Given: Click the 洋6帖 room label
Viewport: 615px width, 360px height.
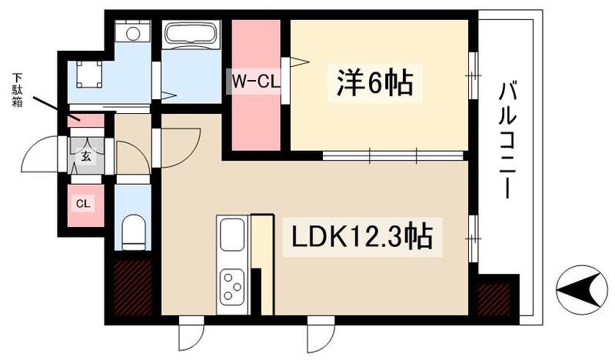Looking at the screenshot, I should [374, 82].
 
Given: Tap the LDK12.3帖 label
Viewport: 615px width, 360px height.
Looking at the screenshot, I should [362, 237].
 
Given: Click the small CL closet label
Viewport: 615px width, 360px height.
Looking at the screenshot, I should [83, 204].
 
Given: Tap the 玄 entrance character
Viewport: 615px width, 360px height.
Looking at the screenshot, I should [85, 156].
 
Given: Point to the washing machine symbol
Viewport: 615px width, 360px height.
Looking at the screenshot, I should [134, 34].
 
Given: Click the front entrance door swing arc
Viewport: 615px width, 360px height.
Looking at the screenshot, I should [38, 155].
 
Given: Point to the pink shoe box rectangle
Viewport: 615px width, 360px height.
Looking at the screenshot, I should [85, 120].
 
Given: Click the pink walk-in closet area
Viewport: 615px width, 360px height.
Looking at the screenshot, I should [256, 115].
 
